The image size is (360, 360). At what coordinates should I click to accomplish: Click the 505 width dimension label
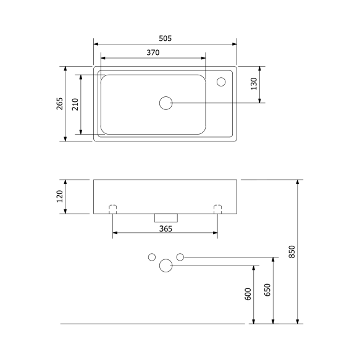tap(164, 38)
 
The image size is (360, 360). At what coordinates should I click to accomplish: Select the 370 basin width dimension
tap(153, 53)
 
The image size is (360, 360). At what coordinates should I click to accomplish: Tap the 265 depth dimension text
tap(59, 104)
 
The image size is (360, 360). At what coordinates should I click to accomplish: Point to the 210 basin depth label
tap(75, 104)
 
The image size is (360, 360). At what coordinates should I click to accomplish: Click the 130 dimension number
tap(254, 84)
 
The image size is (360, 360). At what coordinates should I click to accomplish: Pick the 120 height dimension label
tap(59, 196)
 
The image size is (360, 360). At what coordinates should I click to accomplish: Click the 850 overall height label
tap(293, 252)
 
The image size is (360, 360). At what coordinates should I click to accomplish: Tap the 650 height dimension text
tap(267, 290)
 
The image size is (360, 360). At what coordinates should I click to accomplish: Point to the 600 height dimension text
tap(248, 295)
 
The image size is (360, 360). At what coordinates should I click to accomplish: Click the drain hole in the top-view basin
tap(165, 103)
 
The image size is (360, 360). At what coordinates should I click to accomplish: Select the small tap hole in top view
tap(220, 81)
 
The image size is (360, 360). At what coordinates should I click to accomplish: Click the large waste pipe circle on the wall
tap(165, 266)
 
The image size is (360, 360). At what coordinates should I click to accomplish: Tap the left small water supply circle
tap(151, 256)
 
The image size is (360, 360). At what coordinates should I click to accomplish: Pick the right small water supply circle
tap(180, 256)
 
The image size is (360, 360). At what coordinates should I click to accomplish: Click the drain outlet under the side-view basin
tap(165, 217)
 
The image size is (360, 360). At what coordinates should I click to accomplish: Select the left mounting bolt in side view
tap(113, 209)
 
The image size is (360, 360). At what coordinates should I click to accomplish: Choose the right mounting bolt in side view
tap(217, 209)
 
